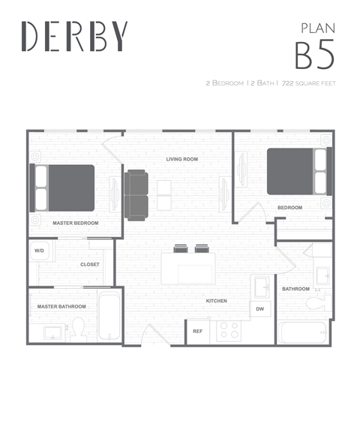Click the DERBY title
[x=74, y=36]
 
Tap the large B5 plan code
[x=313, y=55]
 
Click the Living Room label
[x=181, y=159]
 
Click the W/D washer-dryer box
[x=40, y=251]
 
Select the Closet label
[x=90, y=264]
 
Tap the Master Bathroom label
[x=61, y=306]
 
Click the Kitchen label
[x=217, y=301]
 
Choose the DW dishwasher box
[x=259, y=308]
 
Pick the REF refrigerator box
[x=198, y=331]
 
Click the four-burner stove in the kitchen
[x=228, y=330]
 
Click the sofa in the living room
[x=136, y=195]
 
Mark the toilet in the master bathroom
[x=77, y=328]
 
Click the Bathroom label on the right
[x=295, y=289]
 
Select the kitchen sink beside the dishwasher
[x=262, y=286]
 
